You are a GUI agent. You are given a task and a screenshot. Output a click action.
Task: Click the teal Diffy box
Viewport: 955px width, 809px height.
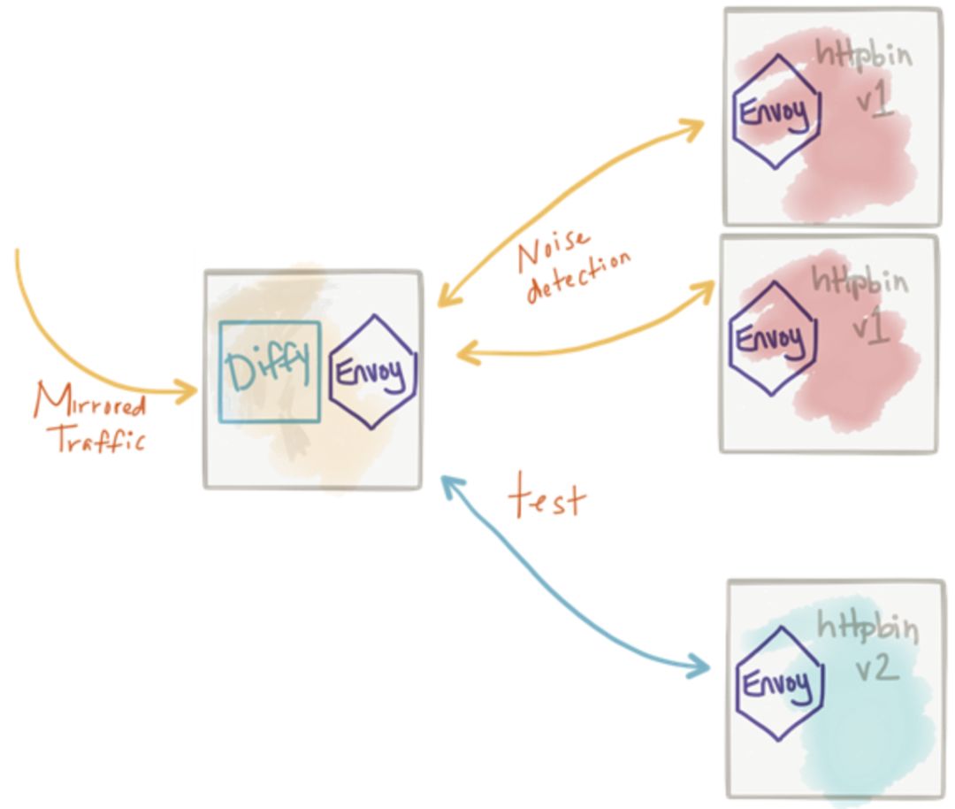coord(269,371)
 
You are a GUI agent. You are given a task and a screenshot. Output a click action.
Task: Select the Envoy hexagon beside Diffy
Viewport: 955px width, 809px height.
coord(373,372)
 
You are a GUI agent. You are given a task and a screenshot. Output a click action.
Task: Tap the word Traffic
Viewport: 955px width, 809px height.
coord(100,438)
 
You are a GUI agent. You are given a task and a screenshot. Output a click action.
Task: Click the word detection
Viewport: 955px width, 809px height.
coord(580,277)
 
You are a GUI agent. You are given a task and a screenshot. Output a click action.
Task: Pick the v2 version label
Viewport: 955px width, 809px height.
coord(876,667)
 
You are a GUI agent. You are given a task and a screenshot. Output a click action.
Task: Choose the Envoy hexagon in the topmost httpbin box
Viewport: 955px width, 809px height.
coord(776,112)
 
